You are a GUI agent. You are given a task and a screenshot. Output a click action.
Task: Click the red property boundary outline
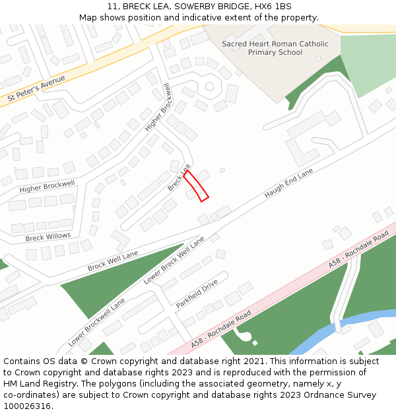click(x=196, y=186)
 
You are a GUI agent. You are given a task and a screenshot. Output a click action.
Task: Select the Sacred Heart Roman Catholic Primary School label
click(x=275, y=48)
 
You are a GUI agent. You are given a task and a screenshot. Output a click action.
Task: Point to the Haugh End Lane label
click(x=288, y=184)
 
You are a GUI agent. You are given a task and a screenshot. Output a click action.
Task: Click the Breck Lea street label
click(x=178, y=178)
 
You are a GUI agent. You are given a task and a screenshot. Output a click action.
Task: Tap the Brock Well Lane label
click(x=113, y=261)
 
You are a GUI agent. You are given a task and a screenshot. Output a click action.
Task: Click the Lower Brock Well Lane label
click(x=174, y=260)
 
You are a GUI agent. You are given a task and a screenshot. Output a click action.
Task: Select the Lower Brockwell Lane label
click(x=96, y=322)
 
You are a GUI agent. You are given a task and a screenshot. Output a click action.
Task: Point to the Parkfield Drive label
click(x=197, y=294)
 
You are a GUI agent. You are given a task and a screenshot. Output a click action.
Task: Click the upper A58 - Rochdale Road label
click(x=358, y=249)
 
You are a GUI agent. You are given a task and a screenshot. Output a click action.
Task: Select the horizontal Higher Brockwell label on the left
click(x=47, y=186)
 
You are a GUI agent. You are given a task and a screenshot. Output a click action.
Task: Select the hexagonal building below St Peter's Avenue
click(x=210, y=86)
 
